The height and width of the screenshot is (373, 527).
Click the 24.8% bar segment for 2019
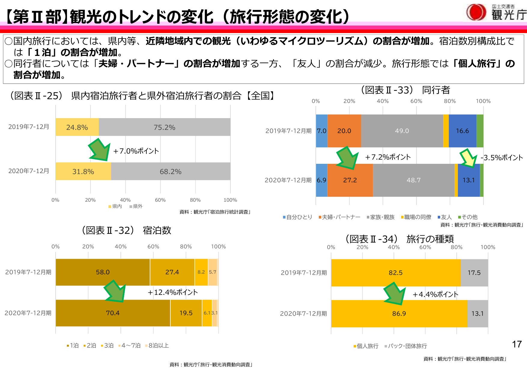77,127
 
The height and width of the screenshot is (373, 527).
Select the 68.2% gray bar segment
170,171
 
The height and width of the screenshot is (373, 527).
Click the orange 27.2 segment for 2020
350,180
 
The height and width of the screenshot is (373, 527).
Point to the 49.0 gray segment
402,131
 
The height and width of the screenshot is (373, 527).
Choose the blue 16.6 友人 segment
462,131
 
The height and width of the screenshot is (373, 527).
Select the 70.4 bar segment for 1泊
113,313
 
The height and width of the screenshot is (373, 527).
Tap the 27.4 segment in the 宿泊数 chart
172,272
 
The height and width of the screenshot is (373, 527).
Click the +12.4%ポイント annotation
173,292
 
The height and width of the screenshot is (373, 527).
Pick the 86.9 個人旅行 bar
399,313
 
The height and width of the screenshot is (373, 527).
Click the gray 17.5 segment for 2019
474,273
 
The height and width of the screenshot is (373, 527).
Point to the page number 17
517,344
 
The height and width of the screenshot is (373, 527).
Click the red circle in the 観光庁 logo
476,13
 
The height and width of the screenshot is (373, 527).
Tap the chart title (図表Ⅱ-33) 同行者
405,90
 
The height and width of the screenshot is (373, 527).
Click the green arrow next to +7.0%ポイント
99,150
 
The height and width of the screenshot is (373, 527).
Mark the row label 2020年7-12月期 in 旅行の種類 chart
303,313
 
